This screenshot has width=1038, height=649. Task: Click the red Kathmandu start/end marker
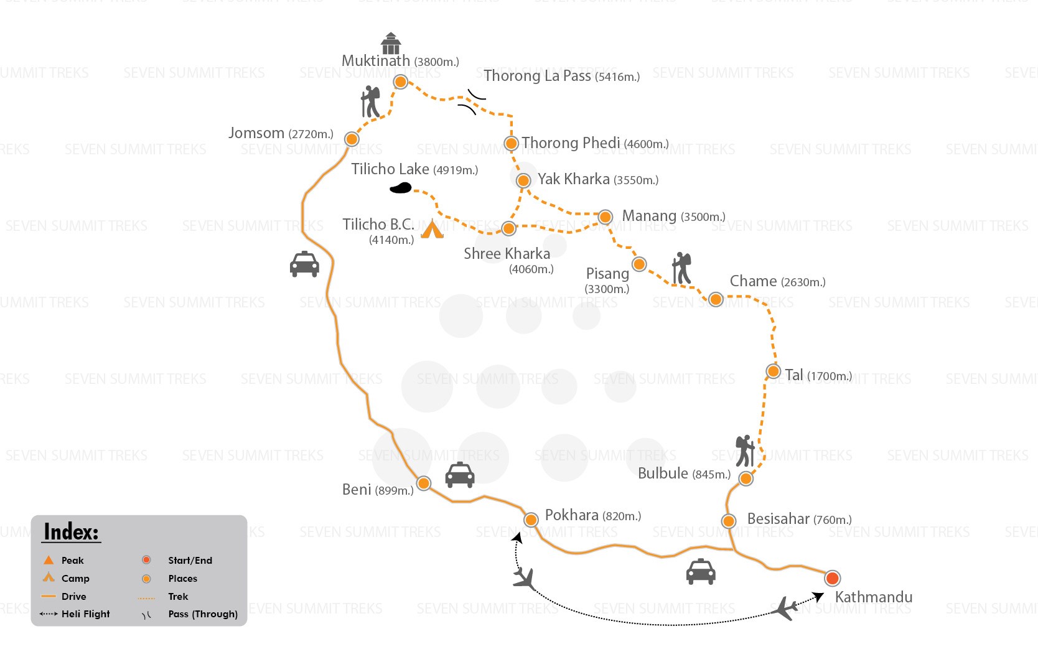coord(832,578)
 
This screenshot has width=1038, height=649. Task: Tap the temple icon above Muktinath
coord(391,43)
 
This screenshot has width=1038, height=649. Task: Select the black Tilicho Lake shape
coord(401,188)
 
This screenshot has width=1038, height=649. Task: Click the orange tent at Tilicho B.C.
coord(432,229)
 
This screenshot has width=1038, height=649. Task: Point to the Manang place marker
coord(605,217)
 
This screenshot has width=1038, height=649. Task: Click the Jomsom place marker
coord(352,139)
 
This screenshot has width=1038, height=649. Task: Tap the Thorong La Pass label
coord(562,76)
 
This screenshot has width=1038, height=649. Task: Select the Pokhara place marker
coord(531,520)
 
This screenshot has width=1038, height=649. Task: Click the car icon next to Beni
coord(460,475)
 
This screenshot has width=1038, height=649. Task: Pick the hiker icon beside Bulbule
coord(745,451)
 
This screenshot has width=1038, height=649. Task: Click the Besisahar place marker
coord(729,521)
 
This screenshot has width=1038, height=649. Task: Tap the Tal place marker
coord(774,371)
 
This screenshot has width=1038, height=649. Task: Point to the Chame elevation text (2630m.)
coord(803,282)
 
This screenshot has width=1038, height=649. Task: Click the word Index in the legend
coord(72,532)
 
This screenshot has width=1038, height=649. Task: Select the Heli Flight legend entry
coord(75,614)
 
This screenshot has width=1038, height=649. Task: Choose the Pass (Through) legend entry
coord(190,614)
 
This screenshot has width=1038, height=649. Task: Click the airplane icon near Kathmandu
coord(784,608)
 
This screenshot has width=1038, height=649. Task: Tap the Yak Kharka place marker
coord(523,180)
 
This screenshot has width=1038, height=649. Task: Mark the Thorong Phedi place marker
coord(511,143)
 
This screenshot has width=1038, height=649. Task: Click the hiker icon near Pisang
coord(681,268)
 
